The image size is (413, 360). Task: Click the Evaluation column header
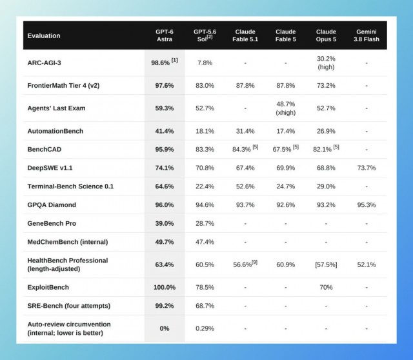click(x=44, y=36)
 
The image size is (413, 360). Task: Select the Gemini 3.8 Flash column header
click(x=367, y=35)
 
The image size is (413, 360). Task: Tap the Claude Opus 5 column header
click(x=326, y=35)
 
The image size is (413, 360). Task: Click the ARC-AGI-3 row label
click(x=44, y=63)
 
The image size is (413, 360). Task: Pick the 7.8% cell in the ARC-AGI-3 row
click(x=205, y=63)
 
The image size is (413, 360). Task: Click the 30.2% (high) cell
click(x=326, y=63)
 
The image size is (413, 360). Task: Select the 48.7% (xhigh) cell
click(x=285, y=108)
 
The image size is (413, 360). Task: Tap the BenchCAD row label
click(x=45, y=149)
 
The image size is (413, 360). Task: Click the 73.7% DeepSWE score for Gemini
click(x=367, y=168)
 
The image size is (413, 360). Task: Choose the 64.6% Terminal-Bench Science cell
click(x=165, y=186)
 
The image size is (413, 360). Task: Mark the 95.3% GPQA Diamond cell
click(x=367, y=205)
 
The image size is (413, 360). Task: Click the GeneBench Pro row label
click(x=52, y=223)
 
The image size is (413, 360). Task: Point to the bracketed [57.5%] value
click(x=326, y=265)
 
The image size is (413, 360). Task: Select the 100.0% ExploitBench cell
click(x=165, y=287)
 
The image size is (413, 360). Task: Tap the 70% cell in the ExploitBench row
click(x=326, y=287)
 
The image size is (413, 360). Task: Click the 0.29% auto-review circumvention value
click(x=205, y=328)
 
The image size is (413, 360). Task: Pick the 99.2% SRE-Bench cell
click(x=165, y=306)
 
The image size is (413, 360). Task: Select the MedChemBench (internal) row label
click(x=68, y=242)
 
